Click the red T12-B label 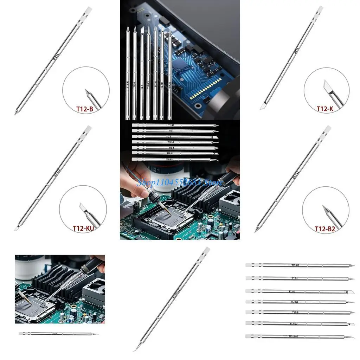(x=85, y=109)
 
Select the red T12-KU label (x=83, y=228)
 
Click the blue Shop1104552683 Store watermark (x=180, y=182)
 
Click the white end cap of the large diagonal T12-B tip (x=89, y=9)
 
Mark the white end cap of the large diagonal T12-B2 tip (x=327, y=129)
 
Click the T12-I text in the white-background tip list (x=295, y=278)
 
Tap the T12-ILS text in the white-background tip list (x=295, y=301)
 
